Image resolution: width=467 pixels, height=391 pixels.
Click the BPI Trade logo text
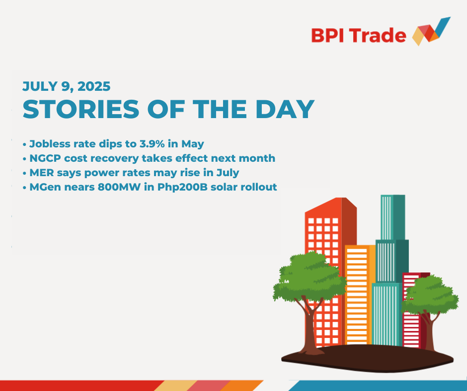pyautogui.click(x=359, y=35)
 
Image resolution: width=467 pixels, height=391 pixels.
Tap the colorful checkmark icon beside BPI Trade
pyautogui.click(x=431, y=31)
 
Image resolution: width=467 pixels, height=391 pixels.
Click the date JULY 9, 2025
pyautogui.click(x=67, y=86)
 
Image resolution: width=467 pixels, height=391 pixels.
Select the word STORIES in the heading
pyautogui.click(x=81, y=109)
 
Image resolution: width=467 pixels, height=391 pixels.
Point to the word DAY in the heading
pyautogui.click(x=285, y=109)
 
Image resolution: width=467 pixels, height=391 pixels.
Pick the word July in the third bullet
pyautogui.click(x=228, y=173)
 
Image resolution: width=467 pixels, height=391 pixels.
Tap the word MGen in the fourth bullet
pyautogui.click(x=44, y=187)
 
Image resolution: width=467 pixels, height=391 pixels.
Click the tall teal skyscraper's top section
pyautogui.click(x=393, y=217)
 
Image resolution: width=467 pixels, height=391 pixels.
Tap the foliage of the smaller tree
pyautogui.click(x=429, y=295)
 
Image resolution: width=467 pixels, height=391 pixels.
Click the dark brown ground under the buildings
pyautogui.click(x=367, y=358)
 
